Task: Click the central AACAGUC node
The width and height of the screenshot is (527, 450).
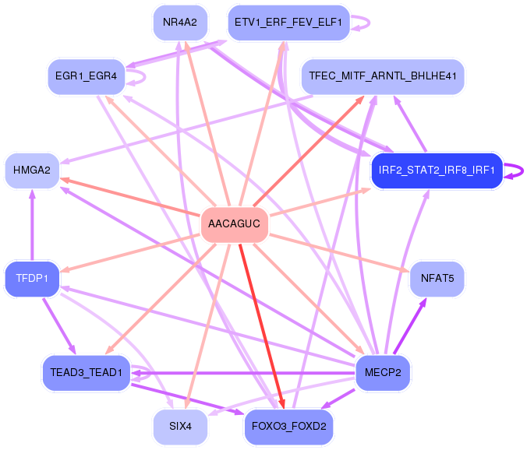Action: [234, 223]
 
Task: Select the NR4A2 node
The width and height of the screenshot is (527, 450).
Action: [180, 23]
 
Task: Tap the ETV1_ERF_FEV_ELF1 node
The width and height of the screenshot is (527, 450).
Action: [288, 23]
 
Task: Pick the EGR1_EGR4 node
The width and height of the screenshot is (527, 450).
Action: [86, 76]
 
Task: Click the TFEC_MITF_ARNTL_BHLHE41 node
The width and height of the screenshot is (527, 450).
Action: [383, 76]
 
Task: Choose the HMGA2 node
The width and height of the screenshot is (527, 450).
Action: [32, 171]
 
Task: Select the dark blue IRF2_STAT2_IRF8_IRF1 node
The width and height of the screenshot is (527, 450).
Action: [437, 171]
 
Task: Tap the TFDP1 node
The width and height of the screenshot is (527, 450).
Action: [32, 278]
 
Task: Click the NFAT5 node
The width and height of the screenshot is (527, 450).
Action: [437, 278]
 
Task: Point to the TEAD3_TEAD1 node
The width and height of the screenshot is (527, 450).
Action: [86, 372]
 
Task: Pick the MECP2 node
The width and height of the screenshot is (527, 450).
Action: [383, 372]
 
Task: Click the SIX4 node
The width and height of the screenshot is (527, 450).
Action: [180, 426]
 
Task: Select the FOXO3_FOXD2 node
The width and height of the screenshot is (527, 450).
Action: [288, 426]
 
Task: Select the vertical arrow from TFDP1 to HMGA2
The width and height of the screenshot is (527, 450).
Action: [32, 225]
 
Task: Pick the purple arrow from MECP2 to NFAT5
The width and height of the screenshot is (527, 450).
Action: [410, 326]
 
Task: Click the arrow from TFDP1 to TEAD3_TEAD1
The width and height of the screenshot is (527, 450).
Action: [59, 326]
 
